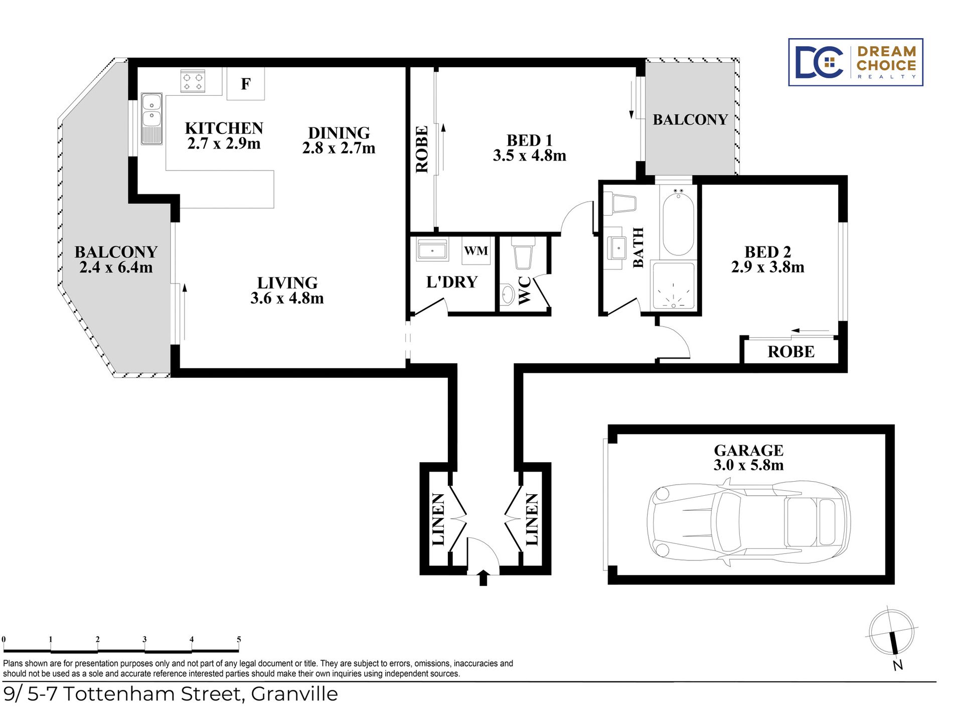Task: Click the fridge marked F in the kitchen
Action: (245, 83)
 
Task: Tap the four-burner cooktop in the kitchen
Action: (193, 81)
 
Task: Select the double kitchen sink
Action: (151, 118)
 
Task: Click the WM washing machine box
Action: (475, 250)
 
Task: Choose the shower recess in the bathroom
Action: (673, 286)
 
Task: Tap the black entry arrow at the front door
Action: (483, 578)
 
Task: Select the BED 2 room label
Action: (767, 251)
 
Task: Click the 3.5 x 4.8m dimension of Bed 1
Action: (529, 156)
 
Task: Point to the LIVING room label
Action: (287, 282)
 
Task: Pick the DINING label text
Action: (339, 132)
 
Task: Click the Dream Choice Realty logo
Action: (856, 62)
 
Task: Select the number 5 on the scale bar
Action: (239, 639)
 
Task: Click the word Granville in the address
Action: (294, 694)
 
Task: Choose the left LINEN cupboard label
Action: (438, 519)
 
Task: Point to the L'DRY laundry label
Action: (452, 282)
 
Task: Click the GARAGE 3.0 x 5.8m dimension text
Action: (748, 465)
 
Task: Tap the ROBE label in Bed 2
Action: (791, 352)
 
